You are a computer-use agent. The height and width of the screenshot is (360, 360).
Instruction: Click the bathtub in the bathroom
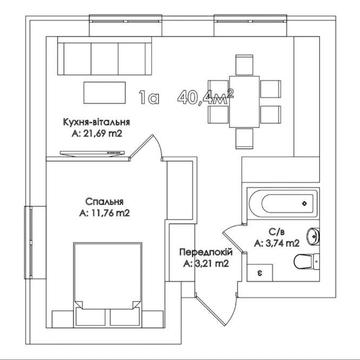pyautogui.click(x=283, y=203)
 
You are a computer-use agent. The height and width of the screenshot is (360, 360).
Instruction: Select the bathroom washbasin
pyautogui.click(x=314, y=236)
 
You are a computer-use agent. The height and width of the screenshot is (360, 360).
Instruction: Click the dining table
pyautogui.click(x=244, y=102)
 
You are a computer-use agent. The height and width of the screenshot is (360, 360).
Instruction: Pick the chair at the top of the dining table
pyautogui.click(x=244, y=65)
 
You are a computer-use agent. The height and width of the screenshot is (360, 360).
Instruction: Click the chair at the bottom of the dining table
pyautogui.click(x=244, y=138)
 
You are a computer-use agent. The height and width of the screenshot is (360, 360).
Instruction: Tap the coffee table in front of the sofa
pyautogui.click(x=105, y=93)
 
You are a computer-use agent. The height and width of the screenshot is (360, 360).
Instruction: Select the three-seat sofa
pyautogui.click(x=105, y=56)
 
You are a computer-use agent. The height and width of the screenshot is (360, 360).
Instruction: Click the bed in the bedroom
pyautogui.click(x=107, y=284)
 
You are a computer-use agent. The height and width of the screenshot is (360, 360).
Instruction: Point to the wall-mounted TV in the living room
pyautogui.click(x=92, y=153)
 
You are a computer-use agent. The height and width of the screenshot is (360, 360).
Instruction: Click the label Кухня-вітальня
pyautogui.click(x=97, y=122)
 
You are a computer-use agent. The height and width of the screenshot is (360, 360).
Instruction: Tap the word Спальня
pyautogui.click(x=105, y=202)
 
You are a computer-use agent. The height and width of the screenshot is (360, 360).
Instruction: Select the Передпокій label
pyautogui.click(x=206, y=252)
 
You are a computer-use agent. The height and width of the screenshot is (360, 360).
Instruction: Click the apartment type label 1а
pyautogui.click(x=149, y=98)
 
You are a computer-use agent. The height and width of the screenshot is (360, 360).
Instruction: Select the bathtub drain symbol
pyautogui.click(x=304, y=203)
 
